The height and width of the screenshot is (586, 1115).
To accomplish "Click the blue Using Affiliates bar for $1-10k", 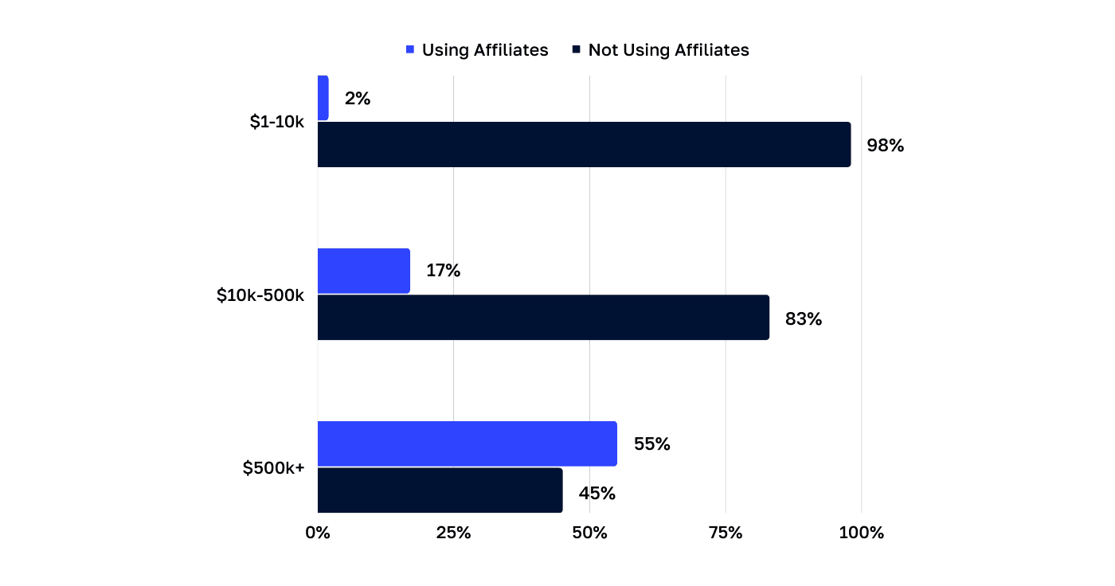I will point(323,98).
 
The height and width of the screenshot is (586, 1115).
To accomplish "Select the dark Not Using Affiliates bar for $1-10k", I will point(584,145).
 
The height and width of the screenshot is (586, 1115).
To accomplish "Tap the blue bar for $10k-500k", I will point(364,271).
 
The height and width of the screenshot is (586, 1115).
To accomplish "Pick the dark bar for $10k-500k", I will point(543,318).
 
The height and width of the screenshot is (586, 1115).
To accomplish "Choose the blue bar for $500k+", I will point(468,443).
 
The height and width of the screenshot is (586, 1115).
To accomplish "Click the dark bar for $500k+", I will point(440,490).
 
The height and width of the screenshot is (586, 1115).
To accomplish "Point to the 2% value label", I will point(358,99).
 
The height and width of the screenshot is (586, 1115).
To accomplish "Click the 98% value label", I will point(886,146).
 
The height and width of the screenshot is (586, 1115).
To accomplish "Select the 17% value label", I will point(443,271).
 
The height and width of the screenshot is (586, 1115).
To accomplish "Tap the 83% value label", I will point(804,318).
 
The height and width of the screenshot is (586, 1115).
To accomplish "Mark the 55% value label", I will point(651,444).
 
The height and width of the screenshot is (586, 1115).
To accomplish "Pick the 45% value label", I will point(597,494).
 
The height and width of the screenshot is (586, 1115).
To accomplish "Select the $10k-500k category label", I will point(260,295).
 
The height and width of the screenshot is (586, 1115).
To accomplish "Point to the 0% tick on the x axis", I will point(318,533).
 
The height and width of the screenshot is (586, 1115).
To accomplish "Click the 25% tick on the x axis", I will point(453,533).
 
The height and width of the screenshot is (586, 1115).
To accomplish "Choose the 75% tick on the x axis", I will point(726,533).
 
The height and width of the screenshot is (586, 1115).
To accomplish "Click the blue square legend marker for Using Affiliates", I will point(410,50).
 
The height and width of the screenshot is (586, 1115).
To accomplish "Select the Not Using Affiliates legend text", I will point(668,50).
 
